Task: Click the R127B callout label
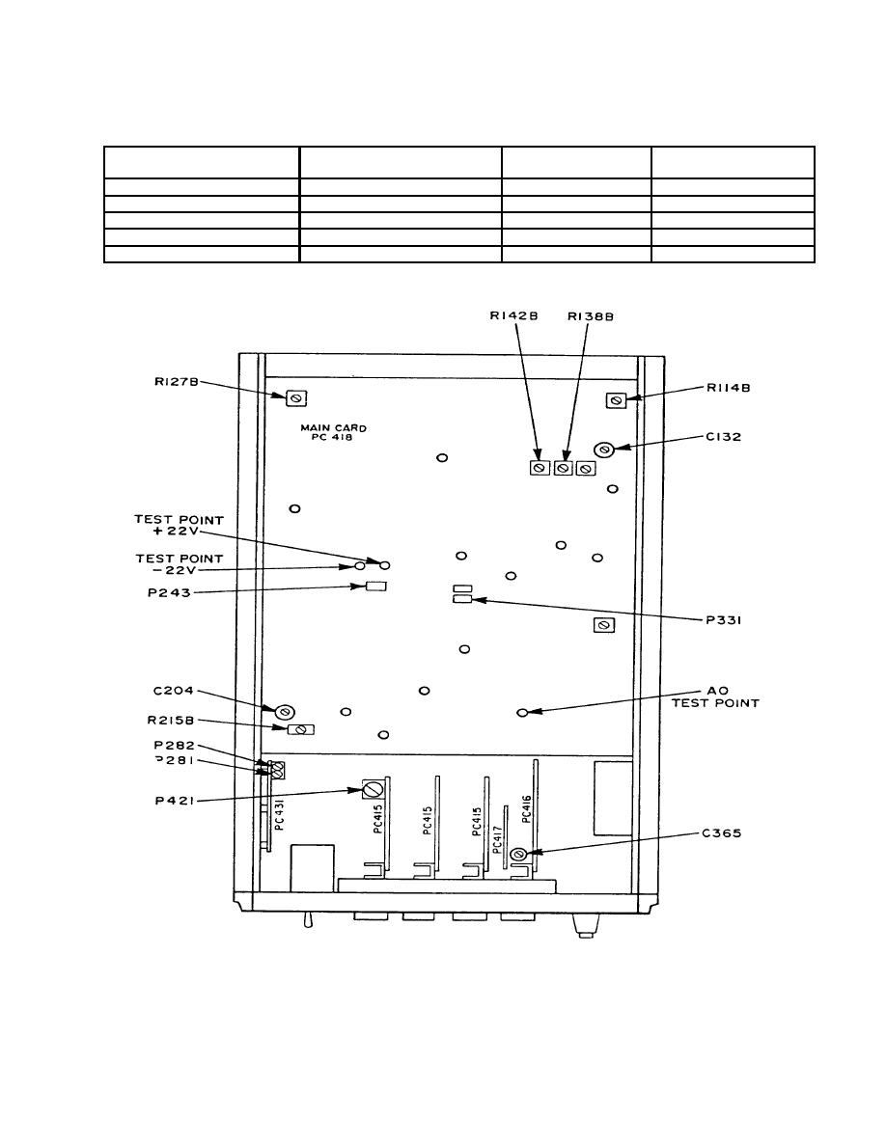click(x=177, y=381)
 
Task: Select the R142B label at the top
click(x=513, y=316)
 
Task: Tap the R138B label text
click(x=591, y=316)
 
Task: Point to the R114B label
click(x=728, y=388)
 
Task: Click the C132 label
click(x=724, y=437)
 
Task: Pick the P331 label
click(x=724, y=620)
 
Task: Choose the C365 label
click(x=722, y=833)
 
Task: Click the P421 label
click(x=175, y=801)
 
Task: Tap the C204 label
click(x=174, y=691)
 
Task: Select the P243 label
click(x=170, y=592)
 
